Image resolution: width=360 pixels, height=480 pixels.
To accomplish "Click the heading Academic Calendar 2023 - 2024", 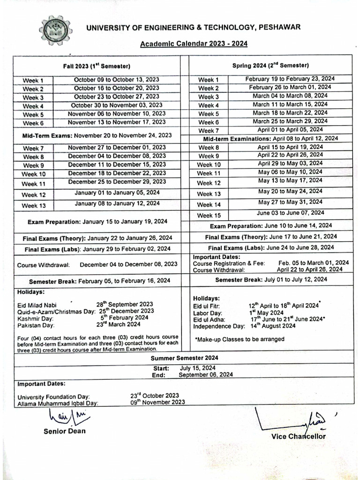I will [x=194, y=44].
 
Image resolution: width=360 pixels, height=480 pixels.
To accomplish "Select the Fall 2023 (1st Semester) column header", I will [x=97, y=66].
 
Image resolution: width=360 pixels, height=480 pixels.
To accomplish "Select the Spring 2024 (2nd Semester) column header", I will [x=270, y=66].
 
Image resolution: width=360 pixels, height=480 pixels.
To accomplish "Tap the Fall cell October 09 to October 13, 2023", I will [x=117, y=80].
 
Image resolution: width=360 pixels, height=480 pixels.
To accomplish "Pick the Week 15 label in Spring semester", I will [x=209, y=216].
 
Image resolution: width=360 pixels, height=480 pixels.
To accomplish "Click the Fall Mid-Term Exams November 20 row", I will [x=97, y=135].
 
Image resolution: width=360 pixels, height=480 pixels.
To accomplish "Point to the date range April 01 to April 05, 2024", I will [x=290, y=129].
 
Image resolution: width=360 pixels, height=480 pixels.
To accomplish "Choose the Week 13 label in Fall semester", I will [x=33, y=205].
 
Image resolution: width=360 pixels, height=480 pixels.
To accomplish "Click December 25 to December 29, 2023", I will [x=117, y=182].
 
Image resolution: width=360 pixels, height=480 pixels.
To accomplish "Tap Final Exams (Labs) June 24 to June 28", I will [x=271, y=247].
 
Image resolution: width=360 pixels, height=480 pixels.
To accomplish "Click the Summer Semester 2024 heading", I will [x=183, y=358].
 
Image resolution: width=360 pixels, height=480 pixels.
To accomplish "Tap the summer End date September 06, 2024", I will [x=205, y=375].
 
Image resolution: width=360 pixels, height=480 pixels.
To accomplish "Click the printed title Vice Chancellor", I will [x=298, y=436].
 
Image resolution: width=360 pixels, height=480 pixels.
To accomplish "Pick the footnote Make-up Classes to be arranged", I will [x=233, y=339].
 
